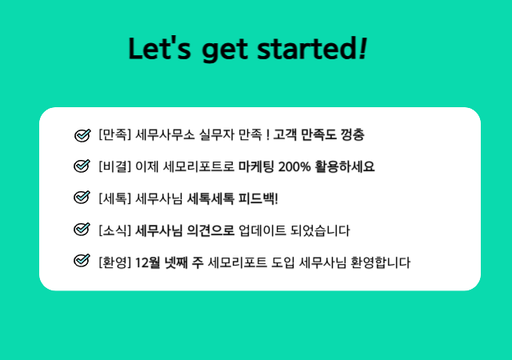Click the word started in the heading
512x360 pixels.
[307, 48]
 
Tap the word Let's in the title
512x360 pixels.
[159, 48]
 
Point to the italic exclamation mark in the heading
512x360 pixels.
[362, 48]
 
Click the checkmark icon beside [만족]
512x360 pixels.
[82, 134]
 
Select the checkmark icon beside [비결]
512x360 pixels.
[82, 166]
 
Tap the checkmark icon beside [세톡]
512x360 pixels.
[82, 197]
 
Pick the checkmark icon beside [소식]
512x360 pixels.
[82, 229]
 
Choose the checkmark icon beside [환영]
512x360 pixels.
[82, 260]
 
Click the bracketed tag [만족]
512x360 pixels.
[114, 134]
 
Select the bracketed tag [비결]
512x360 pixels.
[114, 166]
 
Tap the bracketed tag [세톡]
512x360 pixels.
[114, 198]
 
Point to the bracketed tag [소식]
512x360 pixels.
[114, 230]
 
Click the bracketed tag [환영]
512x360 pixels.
[114, 262]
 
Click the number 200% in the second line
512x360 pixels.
[294, 166]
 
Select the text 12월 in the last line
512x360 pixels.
[147, 262]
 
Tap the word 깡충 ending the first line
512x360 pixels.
[352, 134]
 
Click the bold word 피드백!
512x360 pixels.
[258, 198]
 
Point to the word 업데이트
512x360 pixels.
[262, 230]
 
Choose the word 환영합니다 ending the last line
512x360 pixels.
[381, 262]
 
